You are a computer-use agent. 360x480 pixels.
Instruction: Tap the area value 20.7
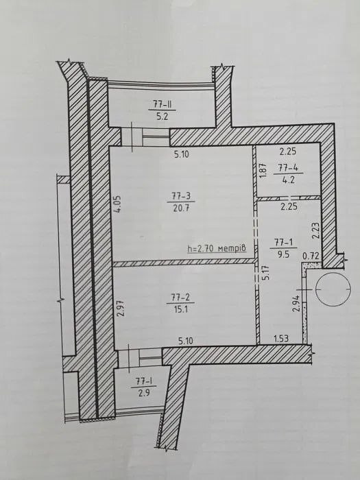[181, 208]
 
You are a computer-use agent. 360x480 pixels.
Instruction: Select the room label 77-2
[180, 297]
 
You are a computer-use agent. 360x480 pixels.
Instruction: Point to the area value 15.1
[181, 309]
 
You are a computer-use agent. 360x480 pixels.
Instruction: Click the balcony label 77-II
[162, 104]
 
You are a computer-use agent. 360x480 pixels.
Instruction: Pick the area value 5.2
[163, 117]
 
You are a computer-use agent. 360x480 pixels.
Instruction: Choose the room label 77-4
[289, 167]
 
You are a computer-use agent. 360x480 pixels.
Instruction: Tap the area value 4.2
[289, 180]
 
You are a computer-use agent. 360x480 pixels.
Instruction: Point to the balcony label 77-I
[143, 381]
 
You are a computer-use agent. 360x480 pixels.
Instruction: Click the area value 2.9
[143, 393]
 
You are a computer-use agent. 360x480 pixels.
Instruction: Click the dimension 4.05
[119, 204]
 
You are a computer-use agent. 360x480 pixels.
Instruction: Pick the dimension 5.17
[266, 272]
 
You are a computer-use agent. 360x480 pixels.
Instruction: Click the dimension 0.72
[311, 256]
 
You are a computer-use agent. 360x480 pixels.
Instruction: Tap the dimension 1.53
[280, 339]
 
